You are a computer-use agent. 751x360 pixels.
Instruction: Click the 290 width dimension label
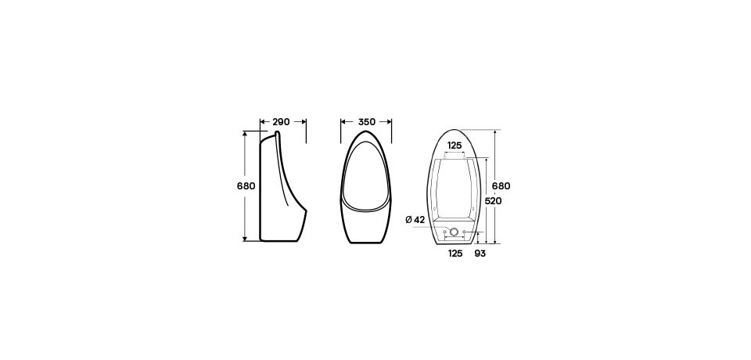point(281,122)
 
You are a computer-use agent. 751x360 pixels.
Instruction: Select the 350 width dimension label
point(367,122)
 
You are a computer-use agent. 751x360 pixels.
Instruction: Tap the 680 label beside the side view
point(246,186)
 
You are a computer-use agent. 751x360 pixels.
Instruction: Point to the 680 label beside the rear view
point(501,186)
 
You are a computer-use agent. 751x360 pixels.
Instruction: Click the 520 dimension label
point(493,201)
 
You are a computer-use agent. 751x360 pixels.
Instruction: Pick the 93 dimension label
point(480,254)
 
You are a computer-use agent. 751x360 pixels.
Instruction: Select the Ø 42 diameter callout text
point(415,220)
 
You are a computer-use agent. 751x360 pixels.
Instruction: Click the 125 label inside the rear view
point(455,146)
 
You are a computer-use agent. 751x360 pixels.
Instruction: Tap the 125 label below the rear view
point(455,254)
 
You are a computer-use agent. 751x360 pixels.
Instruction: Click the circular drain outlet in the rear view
point(455,232)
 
